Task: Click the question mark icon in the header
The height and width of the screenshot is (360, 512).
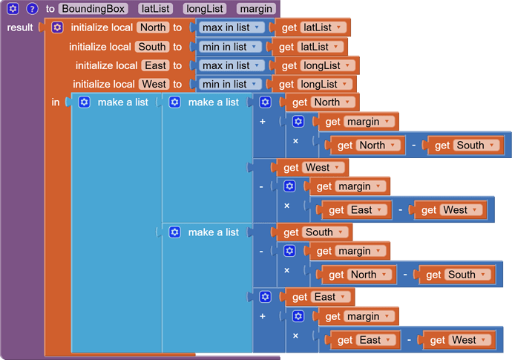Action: click(32, 9)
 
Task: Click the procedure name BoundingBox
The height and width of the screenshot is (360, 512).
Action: click(93, 9)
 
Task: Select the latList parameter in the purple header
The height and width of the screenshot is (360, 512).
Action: click(155, 9)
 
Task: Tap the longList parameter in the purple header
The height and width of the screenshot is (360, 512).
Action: click(204, 9)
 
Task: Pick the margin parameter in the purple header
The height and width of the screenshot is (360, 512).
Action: click(256, 9)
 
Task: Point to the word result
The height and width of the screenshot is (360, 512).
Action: click(19, 27)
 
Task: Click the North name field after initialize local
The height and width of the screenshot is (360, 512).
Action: click(153, 27)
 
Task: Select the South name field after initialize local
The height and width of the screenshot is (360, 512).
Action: click(152, 47)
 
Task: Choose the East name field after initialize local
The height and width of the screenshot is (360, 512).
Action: click(154, 65)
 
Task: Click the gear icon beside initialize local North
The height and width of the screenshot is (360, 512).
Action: click(57, 27)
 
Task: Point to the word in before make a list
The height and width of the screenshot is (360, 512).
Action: click(56, 102)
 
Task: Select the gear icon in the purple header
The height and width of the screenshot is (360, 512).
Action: click(13, 9)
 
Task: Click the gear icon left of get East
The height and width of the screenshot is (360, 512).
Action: click(265, 297)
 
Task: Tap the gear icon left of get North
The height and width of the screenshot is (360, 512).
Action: click(265, 102)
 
